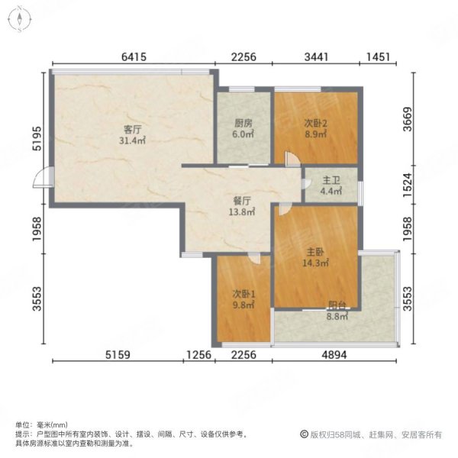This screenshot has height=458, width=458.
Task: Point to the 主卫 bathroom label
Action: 331,181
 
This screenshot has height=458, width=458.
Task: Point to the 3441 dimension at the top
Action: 315,56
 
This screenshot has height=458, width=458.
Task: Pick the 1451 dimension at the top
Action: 379,56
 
